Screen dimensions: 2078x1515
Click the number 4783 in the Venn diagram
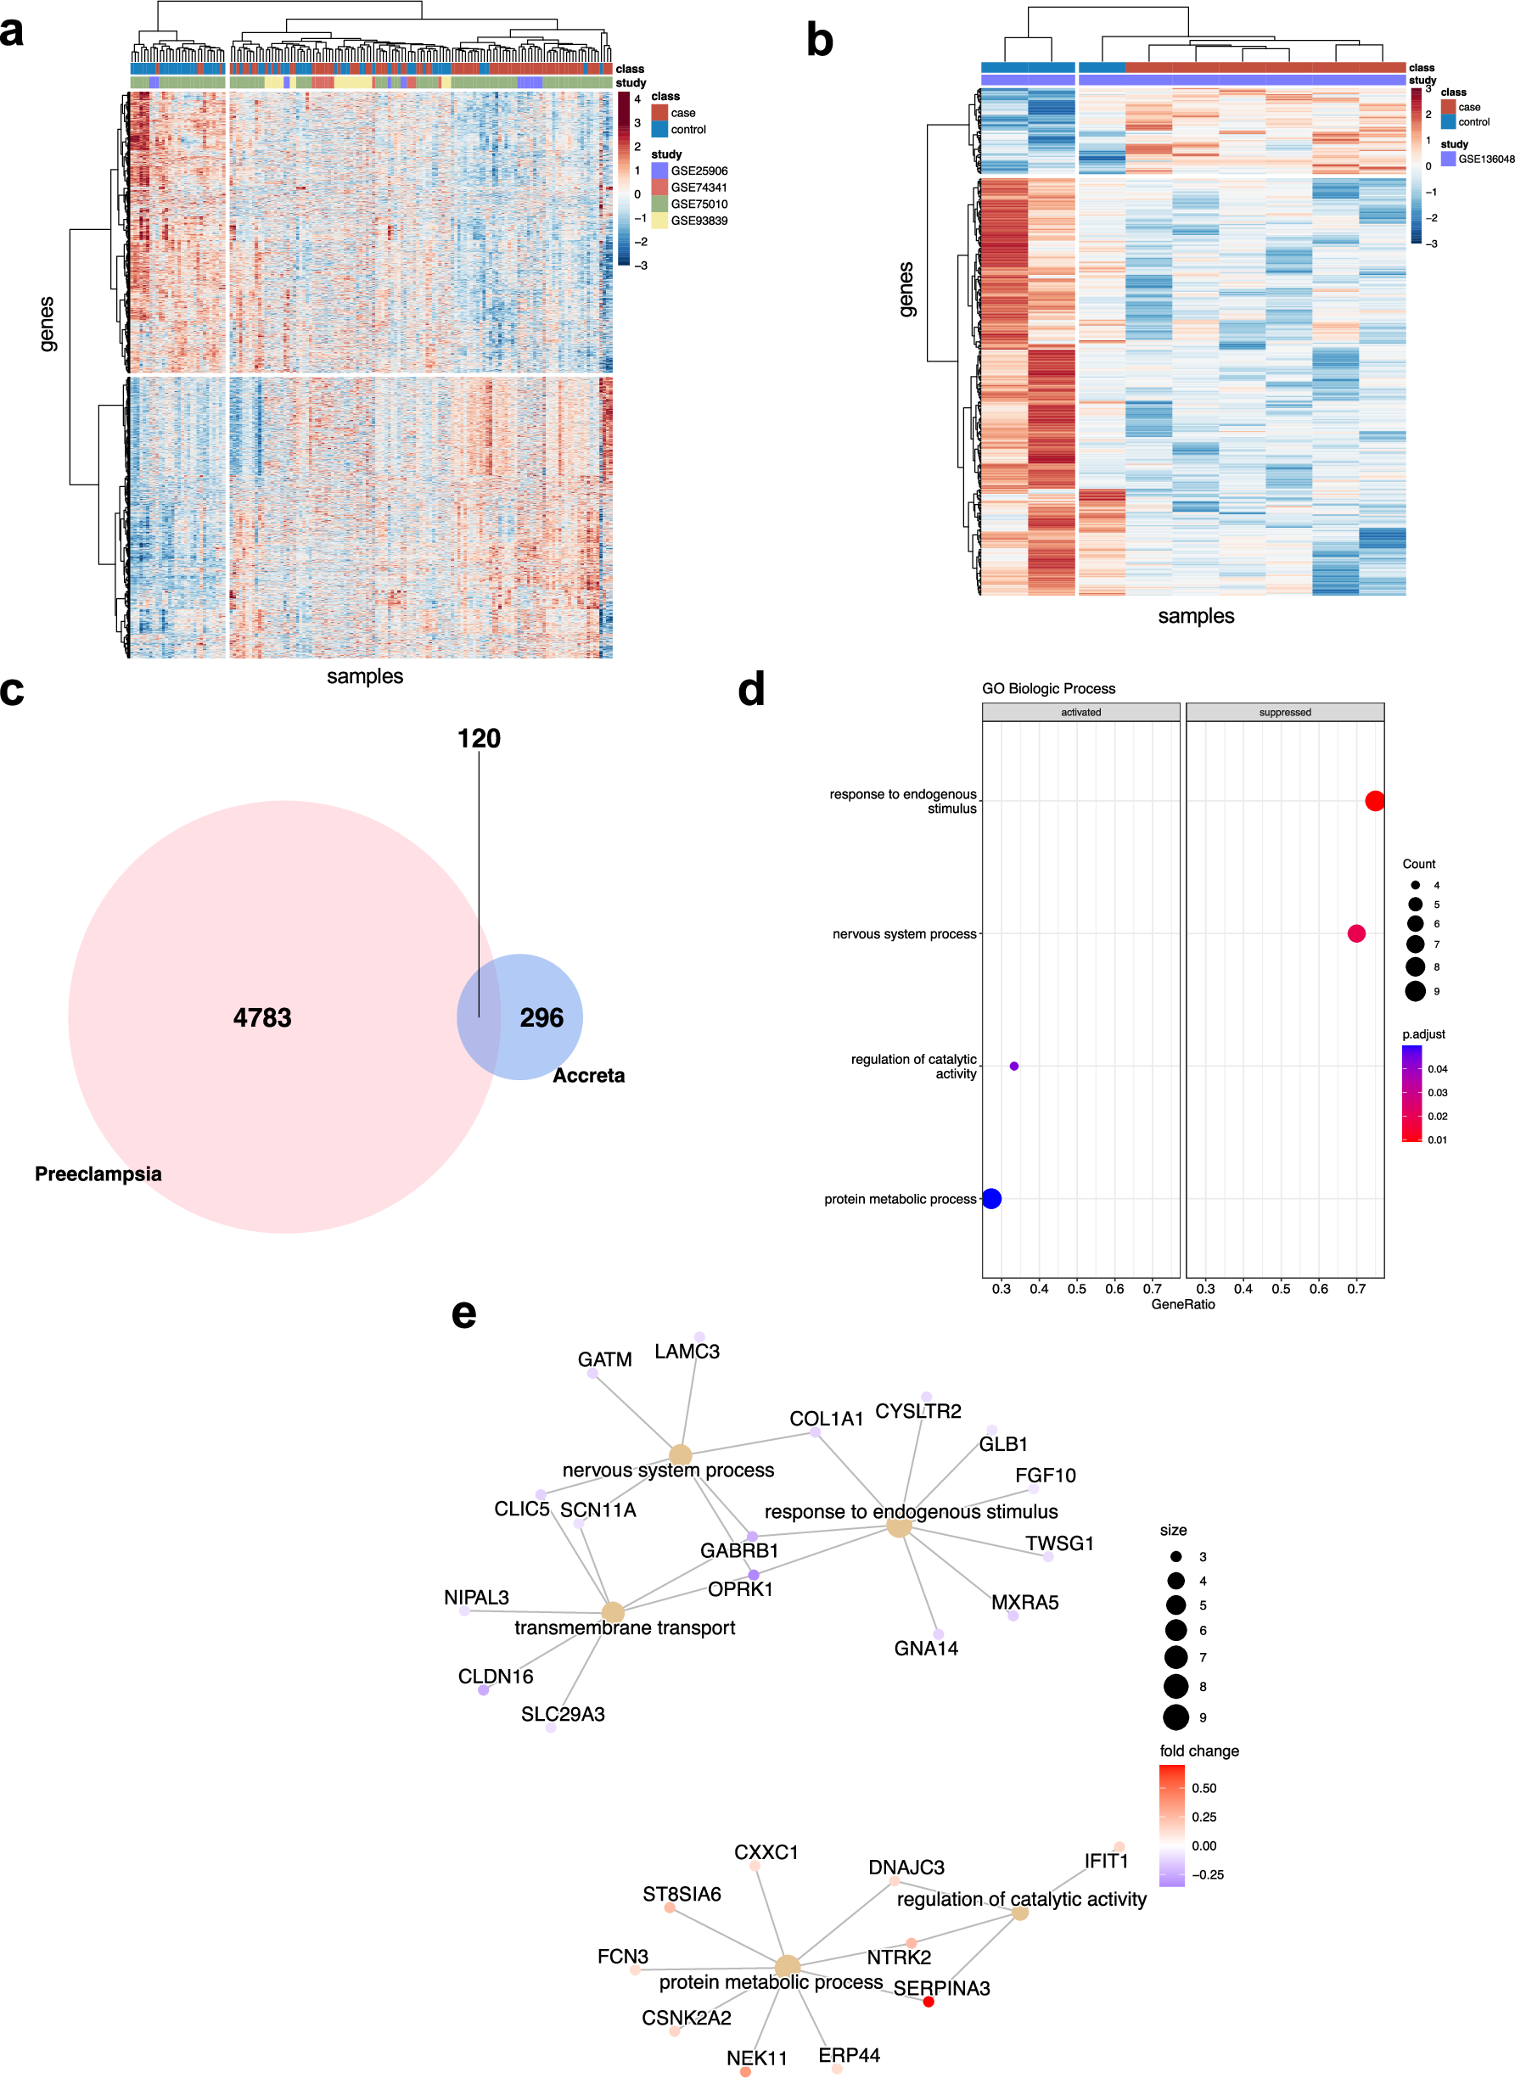[x=262, y=1017]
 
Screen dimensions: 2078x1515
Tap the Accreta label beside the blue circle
[x=588, y=1075]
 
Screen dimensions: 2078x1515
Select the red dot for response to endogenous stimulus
[x=1374, y=800]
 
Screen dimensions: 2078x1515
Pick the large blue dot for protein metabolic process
[x=991, y=1198]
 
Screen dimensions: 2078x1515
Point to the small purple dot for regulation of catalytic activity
[x=1013, y=1065]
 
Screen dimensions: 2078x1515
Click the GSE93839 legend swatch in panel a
[x=659, y=221]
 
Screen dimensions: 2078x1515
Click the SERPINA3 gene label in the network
[x=941, y=1987]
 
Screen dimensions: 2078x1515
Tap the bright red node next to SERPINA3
[x=928, y=2001]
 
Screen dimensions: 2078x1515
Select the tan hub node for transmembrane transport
[x=613, y=1611]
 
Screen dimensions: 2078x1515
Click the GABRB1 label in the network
[x=739, y=1550]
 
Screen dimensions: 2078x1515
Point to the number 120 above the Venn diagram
[x=479, y=738]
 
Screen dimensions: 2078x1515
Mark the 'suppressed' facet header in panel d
[x=1284, y=712]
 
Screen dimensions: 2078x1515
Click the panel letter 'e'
[x=464, y=1313]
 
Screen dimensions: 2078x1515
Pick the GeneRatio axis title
[x=1182, y=1303]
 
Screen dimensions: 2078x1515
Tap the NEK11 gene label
[x=756, y=2058]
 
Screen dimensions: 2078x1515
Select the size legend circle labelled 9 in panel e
[x=1176, y=1717]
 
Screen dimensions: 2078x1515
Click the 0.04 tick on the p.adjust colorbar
[x=1436, y=1069]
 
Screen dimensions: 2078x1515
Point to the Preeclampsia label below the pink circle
[x=98, y=1173]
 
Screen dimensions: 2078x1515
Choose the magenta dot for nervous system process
[x=1355, y=933]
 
